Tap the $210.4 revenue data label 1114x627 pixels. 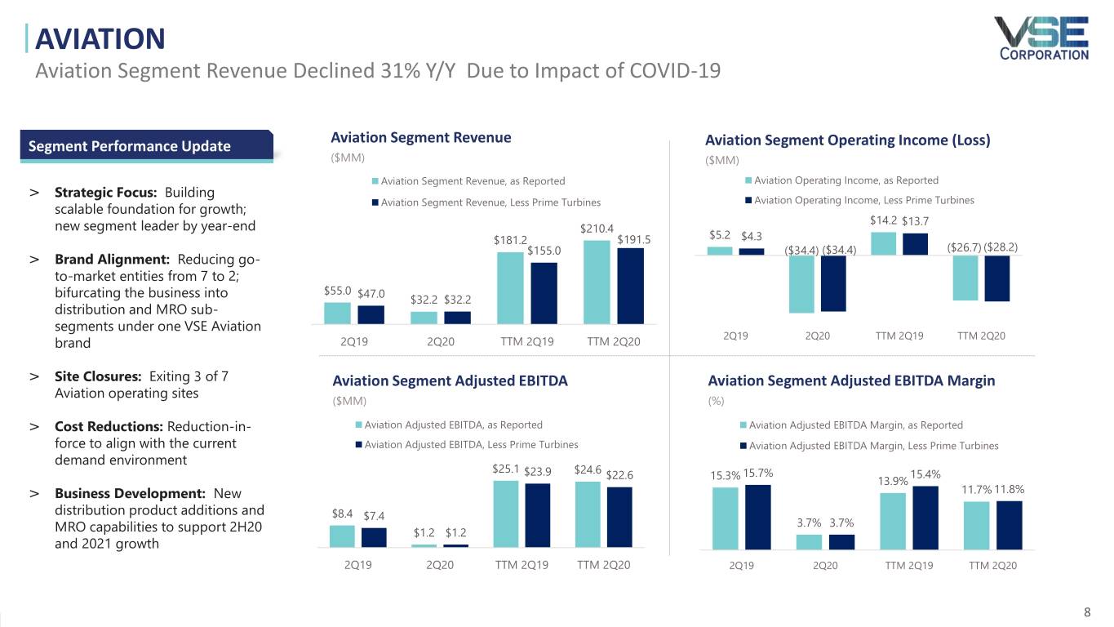tap(597, 229)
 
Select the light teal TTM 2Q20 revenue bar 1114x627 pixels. tap(597, 282)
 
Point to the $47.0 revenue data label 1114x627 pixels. tap(371, 294)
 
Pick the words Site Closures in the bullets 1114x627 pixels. tap(98, 376)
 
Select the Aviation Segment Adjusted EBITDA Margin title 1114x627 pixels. tap(851, 380)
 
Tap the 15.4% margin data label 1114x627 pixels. tap(926, 474)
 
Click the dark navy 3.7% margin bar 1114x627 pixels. tap(841, 541)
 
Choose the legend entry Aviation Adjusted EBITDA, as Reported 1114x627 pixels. tap(453, 425)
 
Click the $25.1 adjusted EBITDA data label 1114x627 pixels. tap(505, 469)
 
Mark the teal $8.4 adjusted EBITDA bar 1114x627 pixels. tap(342, 536)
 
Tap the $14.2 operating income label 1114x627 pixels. tap(884, 220)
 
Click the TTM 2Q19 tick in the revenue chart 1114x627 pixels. tap(527, 341)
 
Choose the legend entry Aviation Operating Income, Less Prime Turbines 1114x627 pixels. tap(863, 200)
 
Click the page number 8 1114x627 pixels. tap(1087, 612)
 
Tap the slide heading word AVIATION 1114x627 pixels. tap(100, 38)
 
